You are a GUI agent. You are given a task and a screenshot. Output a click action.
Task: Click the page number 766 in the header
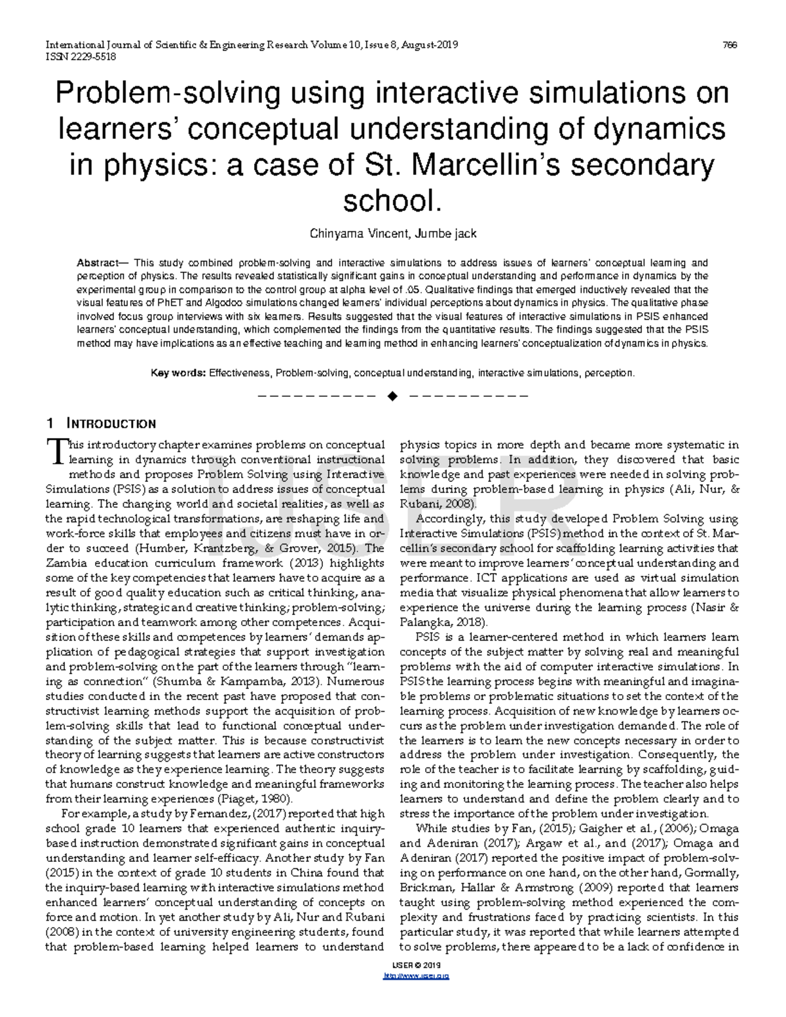point(730,45)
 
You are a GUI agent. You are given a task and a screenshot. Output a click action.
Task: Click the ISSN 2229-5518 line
point(81,56)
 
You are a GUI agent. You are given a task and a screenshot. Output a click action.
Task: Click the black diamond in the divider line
point(392,396)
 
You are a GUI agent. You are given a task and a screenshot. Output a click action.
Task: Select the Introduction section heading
point(112,424)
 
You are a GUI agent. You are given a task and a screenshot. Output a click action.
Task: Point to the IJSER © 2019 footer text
point(415,966)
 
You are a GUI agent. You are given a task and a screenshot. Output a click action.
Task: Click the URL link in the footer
point(415,976)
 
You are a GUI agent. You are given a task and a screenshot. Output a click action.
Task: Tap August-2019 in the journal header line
point(430,45)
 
